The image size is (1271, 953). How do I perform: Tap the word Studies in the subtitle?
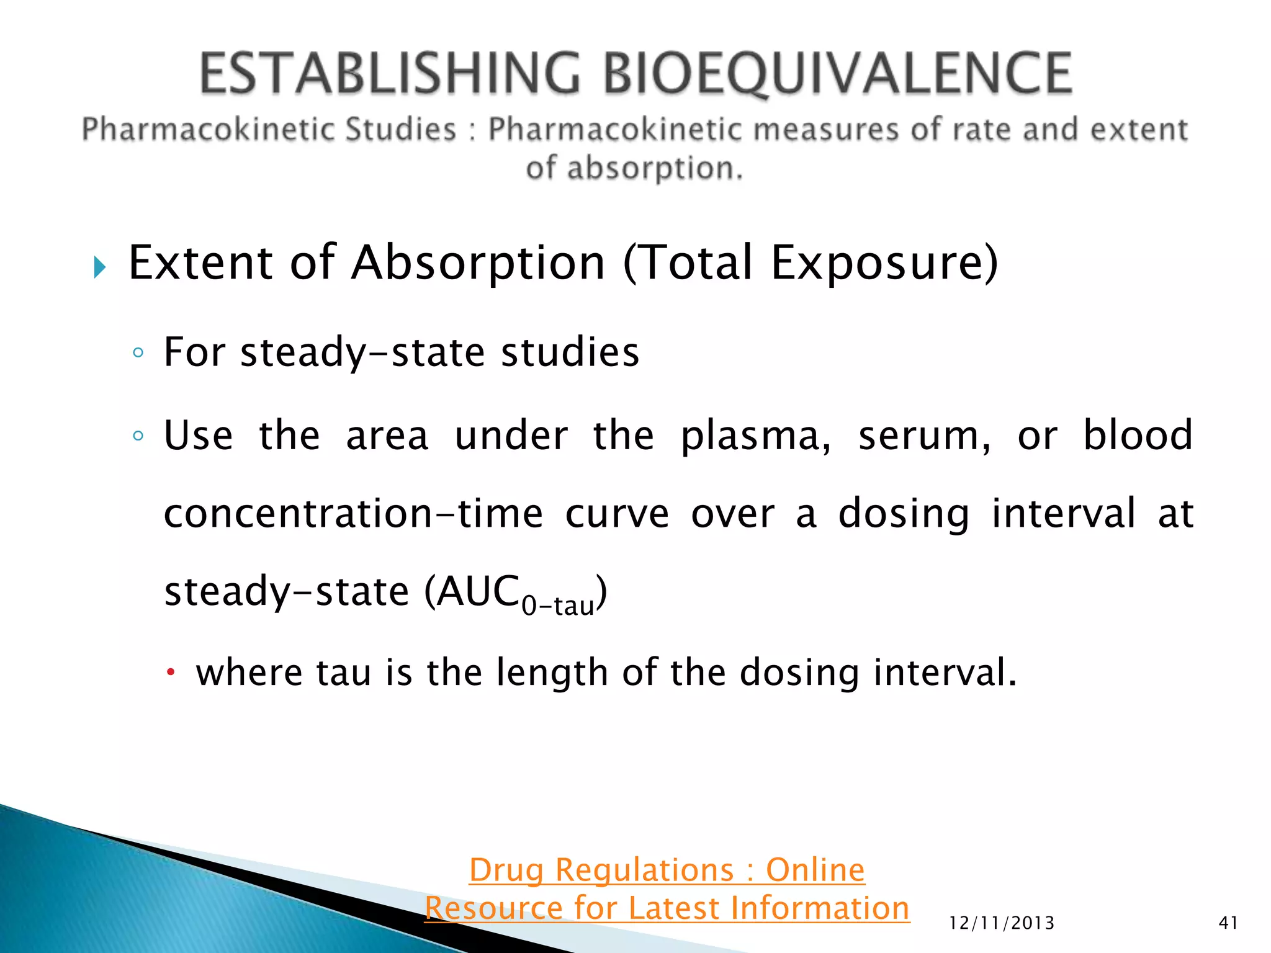pos(401,130)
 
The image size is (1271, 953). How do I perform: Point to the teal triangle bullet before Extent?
pos(100,267)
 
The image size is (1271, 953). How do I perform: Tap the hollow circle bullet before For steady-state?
pos(138,353)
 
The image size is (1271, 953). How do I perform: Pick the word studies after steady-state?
pos(570,352)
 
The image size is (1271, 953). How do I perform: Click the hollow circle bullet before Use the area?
pos(138,436)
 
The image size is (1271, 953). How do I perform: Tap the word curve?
pos(617,514)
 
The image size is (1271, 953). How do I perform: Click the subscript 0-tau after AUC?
pos(557,606)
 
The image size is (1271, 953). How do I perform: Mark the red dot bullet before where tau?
pos(171,672)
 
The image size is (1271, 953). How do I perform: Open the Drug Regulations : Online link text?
pos(667,870)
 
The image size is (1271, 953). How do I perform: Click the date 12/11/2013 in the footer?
pos(1002,923)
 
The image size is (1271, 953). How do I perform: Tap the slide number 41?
pos(1228,923)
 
